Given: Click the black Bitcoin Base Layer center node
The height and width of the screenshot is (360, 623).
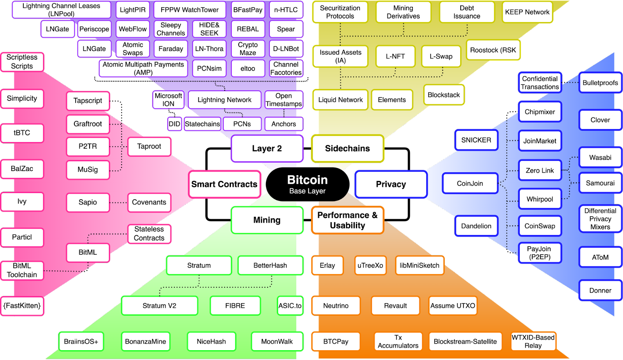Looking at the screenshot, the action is [x=307, y=184].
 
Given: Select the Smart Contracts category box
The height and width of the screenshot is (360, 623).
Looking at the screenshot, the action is [x=224, y=184].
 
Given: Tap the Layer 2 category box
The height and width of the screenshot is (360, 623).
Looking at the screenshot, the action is [x=267, y=148].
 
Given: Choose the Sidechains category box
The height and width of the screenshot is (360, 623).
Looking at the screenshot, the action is [x=347, y=148].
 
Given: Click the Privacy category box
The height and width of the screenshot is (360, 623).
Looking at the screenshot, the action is [x=391, y=184].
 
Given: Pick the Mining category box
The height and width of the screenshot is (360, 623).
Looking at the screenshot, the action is [x=267, y=220].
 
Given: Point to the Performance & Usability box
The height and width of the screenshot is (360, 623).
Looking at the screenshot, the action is [x=347, y=220].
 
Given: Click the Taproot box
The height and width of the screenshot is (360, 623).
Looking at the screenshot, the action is [x=149, y=146].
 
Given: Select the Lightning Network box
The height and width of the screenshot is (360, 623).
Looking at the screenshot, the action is [x=224, y=100].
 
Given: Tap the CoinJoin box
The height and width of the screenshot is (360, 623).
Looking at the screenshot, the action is [x=470, y=183].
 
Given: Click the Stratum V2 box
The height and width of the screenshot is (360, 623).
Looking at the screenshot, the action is [x=159, y=306].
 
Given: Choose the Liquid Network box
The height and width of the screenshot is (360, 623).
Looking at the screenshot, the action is [x=340, y=100].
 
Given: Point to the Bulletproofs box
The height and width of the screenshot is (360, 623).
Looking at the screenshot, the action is [x=600, y=83].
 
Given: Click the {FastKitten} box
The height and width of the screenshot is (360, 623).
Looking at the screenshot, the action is [x=22, y=306].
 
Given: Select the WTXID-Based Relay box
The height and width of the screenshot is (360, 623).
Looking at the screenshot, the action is [x=533, y=341].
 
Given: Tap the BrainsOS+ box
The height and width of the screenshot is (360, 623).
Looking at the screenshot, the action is [x=81, y=341].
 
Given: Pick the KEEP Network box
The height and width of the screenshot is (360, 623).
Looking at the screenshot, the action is [x=527, y=12].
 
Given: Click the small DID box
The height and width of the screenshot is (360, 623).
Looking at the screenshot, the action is [x=174, y=124].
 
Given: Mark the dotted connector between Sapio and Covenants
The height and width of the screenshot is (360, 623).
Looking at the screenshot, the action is [x=118, y=202].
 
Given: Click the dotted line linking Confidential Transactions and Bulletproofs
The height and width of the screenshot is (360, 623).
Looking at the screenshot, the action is [x=570, y=83].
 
